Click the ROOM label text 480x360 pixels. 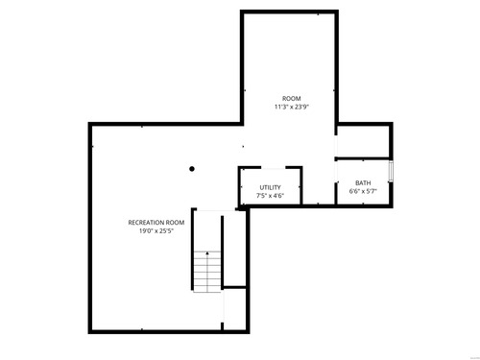click(x=291, y=99)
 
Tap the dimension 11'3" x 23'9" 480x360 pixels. click(x=291, y=107)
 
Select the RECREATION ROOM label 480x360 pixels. click(x=156, y=223)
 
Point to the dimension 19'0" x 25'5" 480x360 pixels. click(x=156, y=230)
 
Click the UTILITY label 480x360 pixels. click(x=270, y=187)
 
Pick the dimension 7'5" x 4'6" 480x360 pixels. click(x=270, y=196)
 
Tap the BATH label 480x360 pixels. click(x=363, y=183)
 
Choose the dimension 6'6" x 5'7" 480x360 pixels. click(x=363, y=191)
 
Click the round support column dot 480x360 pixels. click(x=192, y=169)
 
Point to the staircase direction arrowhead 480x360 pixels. click(x=207, y=253)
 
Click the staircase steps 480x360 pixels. click(x=207, y=272)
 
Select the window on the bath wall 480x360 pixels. click(x=391, y=171)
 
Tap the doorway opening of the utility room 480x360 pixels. click(x=274, y=168)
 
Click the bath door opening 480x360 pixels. click(x=336, y=172)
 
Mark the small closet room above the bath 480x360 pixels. click(x=363, y=141)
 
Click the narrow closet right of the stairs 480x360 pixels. click(x=234, y=249)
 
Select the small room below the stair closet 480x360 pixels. click(x=234, y=309)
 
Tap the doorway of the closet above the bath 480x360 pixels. click(x=336, y=146)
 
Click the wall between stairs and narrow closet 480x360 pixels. click(x=222, y=252)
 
